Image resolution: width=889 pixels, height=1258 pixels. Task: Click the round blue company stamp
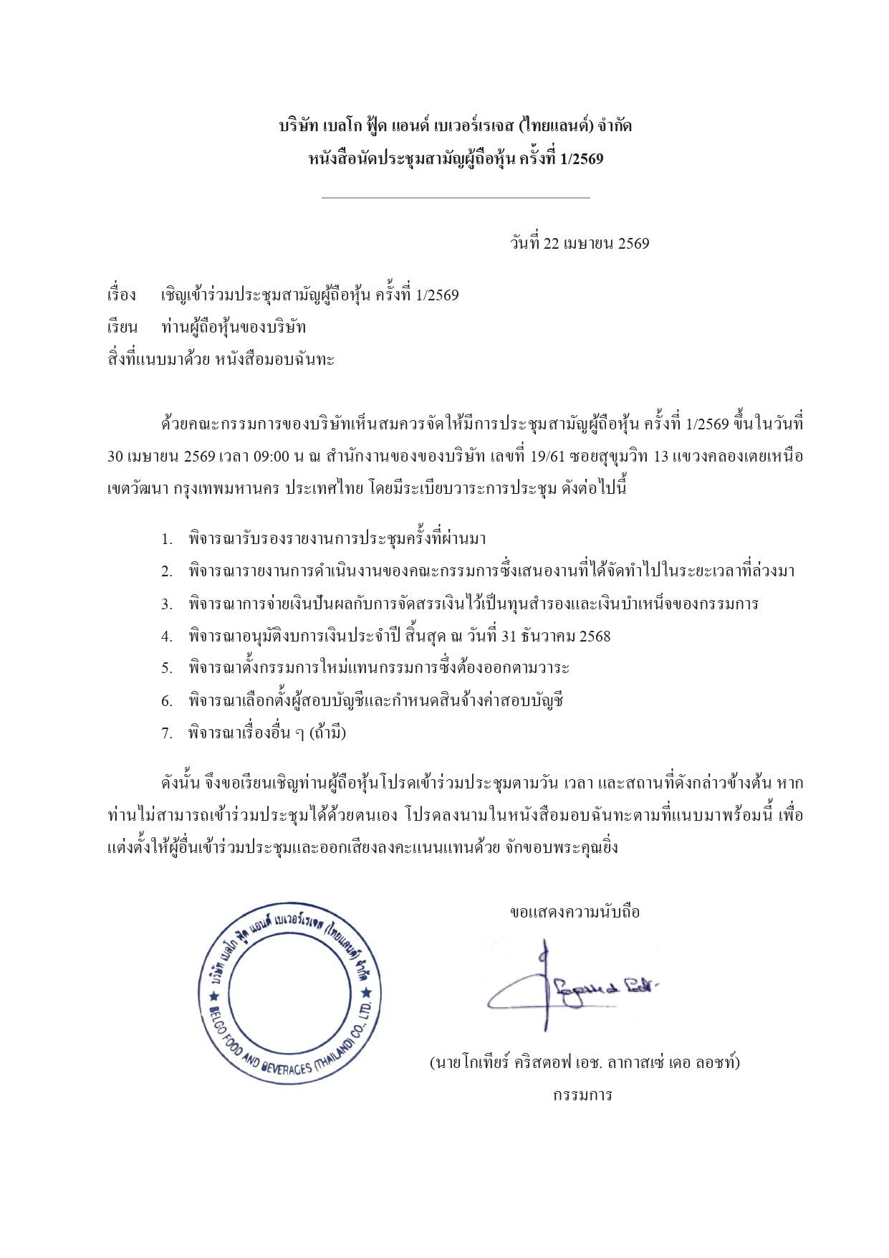289,993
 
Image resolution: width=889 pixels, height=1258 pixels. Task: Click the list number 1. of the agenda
166,539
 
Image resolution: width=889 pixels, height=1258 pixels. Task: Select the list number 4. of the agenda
166,637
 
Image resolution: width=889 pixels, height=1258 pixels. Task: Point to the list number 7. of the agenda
166,733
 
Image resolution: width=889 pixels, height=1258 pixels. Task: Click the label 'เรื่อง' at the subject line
121,295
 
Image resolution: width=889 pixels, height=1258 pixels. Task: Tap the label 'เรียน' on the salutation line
122,328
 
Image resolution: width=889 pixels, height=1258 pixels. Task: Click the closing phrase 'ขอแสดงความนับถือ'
575,912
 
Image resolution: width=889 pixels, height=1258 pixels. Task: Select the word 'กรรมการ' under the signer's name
582,1095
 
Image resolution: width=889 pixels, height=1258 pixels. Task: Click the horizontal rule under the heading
456,197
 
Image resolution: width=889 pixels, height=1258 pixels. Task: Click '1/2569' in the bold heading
582,159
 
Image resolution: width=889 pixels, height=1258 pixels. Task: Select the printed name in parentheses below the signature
584,1062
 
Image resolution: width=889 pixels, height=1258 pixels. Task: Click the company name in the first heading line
455,127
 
